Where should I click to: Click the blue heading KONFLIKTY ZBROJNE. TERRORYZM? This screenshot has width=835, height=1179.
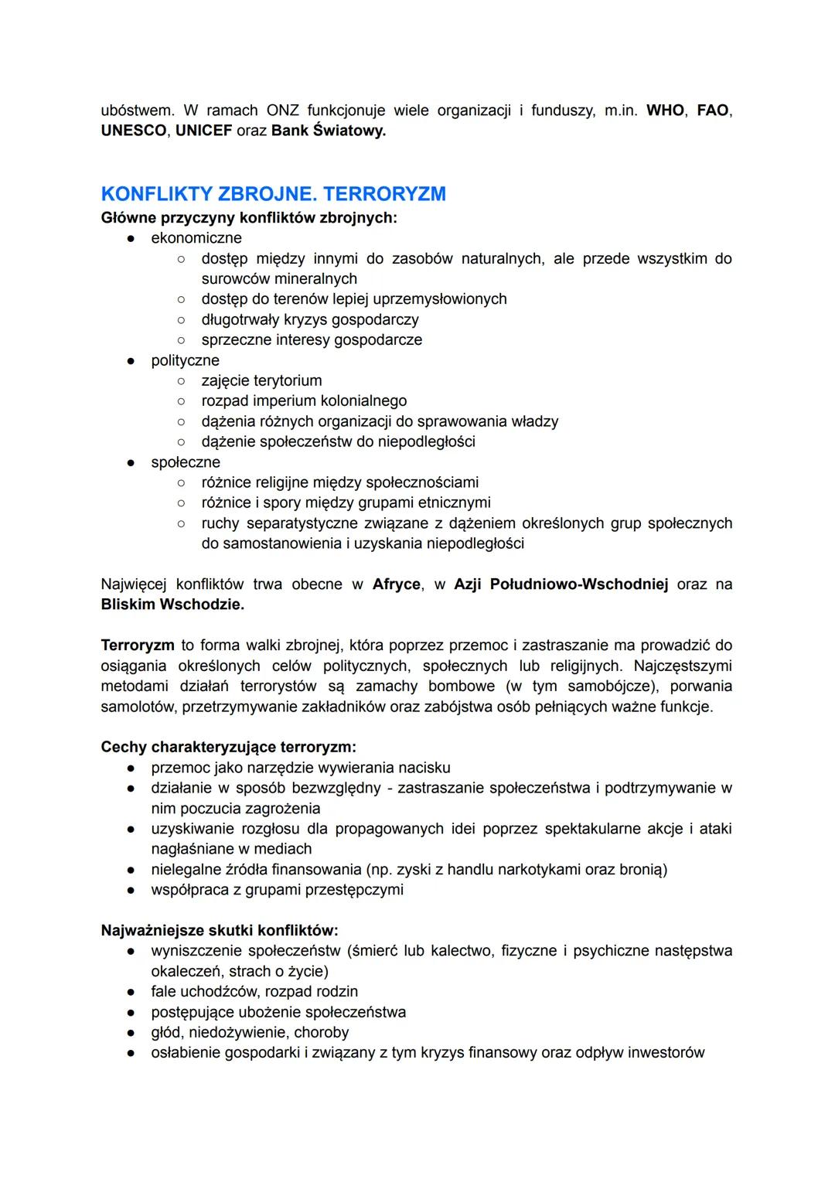(273, 193)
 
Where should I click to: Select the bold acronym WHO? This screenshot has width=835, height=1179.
(665, 111)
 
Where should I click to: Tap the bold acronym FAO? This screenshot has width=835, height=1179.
(712, 111)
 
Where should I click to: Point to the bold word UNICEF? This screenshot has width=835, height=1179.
(203, 131)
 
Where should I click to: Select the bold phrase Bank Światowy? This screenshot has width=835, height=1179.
(328, 131)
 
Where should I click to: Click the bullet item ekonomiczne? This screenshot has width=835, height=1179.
(196, 238)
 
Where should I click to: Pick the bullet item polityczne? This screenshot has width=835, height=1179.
(186, 360)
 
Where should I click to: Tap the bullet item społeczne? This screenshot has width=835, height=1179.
(186, 462)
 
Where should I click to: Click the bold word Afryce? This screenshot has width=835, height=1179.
(397, 584)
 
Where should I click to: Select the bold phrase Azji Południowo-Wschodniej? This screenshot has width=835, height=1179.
(561, 584)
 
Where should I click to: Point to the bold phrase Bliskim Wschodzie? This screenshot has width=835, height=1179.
(172, 605)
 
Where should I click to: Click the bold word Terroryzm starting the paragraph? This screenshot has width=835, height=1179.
(138, 646)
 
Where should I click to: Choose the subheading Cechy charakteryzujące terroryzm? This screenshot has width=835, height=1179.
(229, 748)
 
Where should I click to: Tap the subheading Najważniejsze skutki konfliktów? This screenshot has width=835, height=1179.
(220, 931)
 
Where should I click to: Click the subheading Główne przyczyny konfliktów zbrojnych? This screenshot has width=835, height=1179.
(249, 218)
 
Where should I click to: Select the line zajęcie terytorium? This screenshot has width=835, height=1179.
(261, 380)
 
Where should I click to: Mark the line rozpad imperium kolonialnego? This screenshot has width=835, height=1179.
(304, 400)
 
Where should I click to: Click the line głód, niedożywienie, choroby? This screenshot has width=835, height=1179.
(250, 1032)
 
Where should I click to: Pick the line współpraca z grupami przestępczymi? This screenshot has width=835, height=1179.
(277, 890)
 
